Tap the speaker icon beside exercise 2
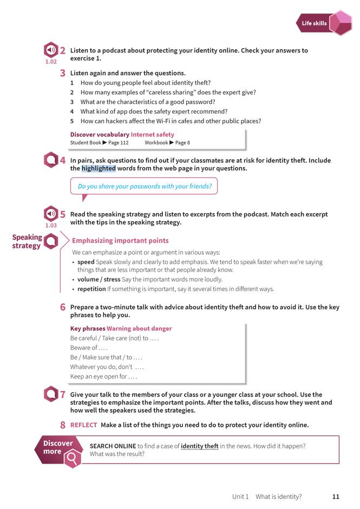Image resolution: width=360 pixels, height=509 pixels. click(x=51, y=51)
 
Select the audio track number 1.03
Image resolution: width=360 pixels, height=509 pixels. click(x=51, y=225)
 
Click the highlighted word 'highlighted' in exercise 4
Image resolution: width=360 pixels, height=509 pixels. click(x=99, y=169)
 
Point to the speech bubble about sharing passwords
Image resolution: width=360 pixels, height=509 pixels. click(x=144, y=187)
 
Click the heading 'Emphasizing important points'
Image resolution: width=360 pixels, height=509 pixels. click(x=120, y=241)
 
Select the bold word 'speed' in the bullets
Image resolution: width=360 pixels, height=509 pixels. click(x=86, y=262)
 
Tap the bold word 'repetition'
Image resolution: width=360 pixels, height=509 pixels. click(x=91, y=289)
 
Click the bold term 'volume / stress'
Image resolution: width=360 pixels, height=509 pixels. click(x=99, y=280)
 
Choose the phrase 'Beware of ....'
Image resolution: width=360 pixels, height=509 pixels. click(x=89, y=348)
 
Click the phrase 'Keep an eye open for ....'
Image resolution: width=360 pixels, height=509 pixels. click(x=103, y=376)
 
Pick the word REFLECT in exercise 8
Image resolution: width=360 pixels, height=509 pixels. click(x=83, y=425)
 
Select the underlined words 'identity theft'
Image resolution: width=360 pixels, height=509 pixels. click(x=199, y=446)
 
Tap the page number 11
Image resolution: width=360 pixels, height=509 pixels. click(x=336, y=497)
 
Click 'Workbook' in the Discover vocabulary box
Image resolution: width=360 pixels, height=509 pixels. click(x=156, y=143)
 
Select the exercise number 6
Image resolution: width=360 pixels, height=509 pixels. click(x=63, y=307)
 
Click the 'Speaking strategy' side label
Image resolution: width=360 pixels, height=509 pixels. click(x=27, y=241)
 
